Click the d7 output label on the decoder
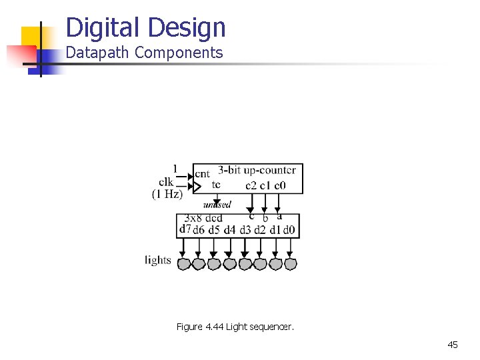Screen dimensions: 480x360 point(185,229)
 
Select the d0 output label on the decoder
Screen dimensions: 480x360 point(289,231)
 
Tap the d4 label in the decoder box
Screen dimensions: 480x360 point(229,231)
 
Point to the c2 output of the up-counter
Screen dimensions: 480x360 point(251,185)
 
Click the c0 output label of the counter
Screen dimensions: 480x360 point(280,185)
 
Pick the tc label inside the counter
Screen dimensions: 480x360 point(216,185)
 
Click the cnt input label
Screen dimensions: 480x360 point(202,173)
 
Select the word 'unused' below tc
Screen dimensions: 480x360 point(217,205)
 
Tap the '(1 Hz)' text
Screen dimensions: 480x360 point(167,194)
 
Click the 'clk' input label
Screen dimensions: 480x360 point(166,182)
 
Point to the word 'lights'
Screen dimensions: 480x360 point(158,260)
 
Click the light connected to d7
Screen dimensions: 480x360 point(184,264)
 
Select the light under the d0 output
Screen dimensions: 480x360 point(290,264)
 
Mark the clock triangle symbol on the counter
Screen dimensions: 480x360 point(196,187)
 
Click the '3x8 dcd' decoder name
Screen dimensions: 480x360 point(204,219)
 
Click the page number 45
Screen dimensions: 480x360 point(453,345)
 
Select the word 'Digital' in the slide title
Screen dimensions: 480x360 point(104,28)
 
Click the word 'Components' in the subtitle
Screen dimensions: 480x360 point(179,53)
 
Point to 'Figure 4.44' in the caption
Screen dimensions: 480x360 point(200,327)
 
